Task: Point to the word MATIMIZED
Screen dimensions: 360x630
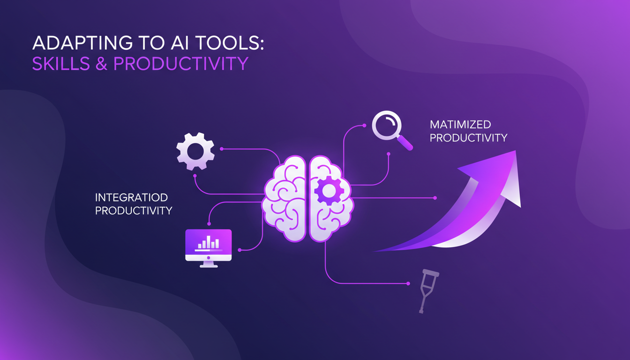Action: coord(460,125)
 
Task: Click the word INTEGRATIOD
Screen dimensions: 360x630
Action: coord(131,197)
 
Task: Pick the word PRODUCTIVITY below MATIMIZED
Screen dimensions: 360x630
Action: coord(468,138)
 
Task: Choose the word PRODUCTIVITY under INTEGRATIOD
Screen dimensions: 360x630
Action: coord(134,210)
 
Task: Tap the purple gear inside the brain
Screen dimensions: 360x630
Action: coord(328,190)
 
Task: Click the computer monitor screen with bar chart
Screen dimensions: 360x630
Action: coord(208,242)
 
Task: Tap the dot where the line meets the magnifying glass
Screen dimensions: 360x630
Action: coord(364,125)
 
